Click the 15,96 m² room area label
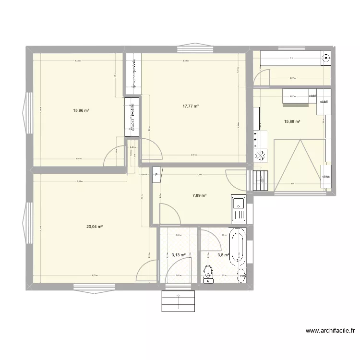(x=81, y=110)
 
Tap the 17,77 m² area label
(x=191, y=106)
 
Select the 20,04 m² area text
(x=95, y=227)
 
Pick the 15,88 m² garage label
(x=292, y=121)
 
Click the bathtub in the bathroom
(x=238, y=246)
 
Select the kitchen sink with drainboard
(x=238, y=209)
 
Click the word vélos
(x=326, y=177)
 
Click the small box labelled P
(x=156, y=175)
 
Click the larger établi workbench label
(x=324, y=102)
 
